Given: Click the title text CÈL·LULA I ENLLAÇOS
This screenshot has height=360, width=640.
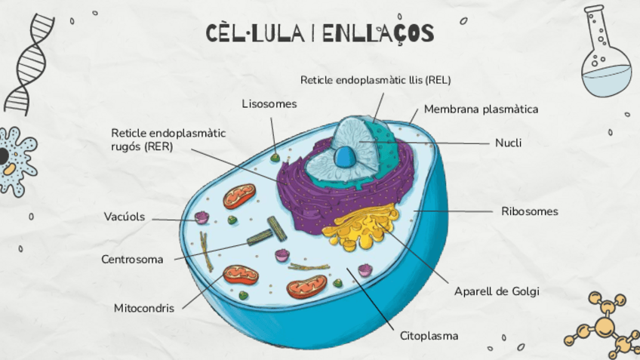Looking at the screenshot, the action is pos(320,33).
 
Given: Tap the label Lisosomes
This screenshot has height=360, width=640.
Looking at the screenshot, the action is pos(269,103).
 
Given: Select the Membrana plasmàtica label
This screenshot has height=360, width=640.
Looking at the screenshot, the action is pos(481,109).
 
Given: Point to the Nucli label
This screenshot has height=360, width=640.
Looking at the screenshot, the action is pos(508,143).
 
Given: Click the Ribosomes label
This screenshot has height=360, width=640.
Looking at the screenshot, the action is pos(529,211).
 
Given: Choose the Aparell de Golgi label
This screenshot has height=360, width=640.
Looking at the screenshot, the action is pos(497,291).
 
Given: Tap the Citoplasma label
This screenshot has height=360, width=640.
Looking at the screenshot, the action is pos(429,335).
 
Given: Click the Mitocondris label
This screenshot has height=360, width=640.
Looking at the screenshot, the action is pos(144,308).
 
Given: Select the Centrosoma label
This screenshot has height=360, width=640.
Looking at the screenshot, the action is pos(132,260).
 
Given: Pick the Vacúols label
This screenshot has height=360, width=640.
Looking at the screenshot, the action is pos(125,217).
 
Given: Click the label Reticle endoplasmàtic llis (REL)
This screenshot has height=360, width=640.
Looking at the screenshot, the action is pos(375,79).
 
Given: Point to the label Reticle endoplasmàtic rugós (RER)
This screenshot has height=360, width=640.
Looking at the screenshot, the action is pos(168,140).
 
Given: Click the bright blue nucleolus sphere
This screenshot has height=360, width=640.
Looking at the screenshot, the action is pos(346,157).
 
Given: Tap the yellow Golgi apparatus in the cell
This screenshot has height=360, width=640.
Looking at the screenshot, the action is pos(361,230).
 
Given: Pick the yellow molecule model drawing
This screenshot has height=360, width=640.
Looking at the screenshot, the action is pos(604,325).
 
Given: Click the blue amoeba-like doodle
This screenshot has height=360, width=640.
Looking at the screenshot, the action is pos(13,161).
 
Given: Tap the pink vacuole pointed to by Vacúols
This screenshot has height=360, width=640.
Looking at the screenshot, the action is pos(202,218).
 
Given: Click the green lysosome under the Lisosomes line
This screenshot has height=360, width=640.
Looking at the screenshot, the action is pos(275,158).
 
